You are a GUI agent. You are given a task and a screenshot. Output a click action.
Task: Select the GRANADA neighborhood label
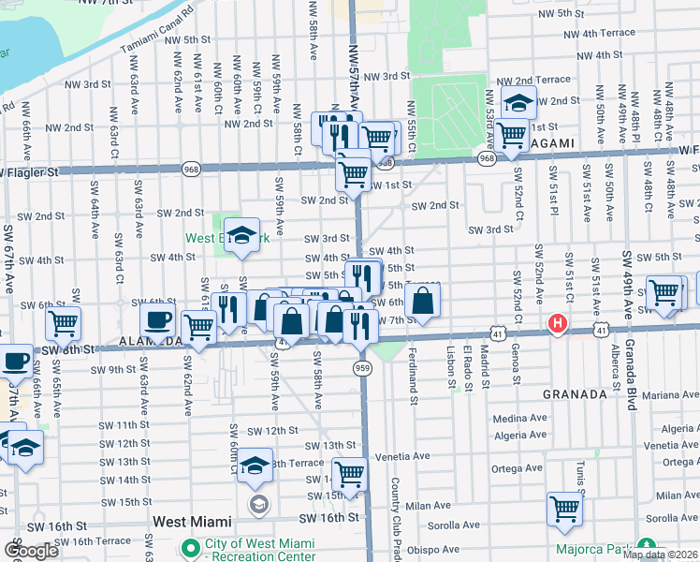[x=576, y=394]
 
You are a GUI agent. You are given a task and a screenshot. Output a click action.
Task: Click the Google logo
[x=31, y=550]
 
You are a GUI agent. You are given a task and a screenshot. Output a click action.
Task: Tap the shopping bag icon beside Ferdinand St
[x=423, y=300]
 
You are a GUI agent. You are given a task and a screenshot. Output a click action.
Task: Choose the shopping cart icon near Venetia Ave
[x=349, y=473]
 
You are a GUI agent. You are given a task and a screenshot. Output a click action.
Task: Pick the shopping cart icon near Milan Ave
[x=564, y=509]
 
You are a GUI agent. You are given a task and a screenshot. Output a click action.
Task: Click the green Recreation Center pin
[x=191, y=547]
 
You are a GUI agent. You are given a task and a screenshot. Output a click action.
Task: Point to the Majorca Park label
[x=593, y=548]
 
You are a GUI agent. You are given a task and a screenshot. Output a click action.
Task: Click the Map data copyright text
[x=660, y=555]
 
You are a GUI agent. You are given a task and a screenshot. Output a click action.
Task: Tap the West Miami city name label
[x=195, y=518]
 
